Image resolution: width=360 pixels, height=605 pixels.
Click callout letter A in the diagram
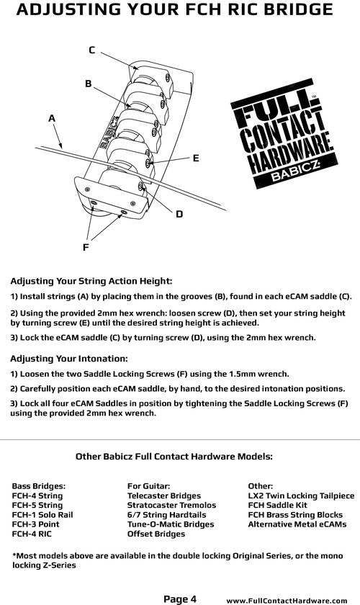point(52,119)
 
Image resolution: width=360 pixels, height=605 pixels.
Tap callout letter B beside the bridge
point(89,84)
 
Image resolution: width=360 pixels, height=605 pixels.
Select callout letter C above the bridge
point(92,50)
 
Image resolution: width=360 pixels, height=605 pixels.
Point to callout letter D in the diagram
point(179,214)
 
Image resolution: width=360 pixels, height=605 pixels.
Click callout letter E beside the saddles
point(196,158)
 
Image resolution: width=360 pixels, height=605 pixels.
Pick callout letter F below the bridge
point(86,247)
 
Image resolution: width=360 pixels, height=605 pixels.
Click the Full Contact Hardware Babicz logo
point(284,133)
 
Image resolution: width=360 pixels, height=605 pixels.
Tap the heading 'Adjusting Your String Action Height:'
point(91,281)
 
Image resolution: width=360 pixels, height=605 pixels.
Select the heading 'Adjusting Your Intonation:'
point(68,359)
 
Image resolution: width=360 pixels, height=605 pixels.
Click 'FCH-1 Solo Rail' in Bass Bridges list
point(42,515)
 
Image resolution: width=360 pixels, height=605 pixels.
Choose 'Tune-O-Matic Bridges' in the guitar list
point(171,524)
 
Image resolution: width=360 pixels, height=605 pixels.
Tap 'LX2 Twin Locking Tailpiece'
point(301,496)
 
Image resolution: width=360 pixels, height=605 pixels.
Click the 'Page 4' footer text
point(180,599)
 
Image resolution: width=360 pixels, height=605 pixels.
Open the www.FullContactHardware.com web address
point(287,601)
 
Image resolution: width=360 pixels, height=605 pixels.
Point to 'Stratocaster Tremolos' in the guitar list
point(171,505)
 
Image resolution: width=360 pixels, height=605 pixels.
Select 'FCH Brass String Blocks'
point(295,515)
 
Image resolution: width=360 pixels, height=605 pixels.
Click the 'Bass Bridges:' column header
point(39,486)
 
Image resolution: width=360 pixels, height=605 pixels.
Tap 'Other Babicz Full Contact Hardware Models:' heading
point(174,457)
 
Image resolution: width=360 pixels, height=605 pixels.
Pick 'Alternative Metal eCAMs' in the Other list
point(297,524)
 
